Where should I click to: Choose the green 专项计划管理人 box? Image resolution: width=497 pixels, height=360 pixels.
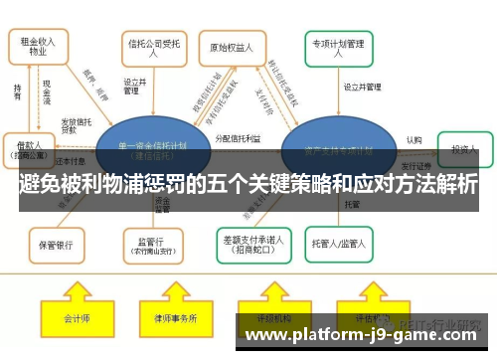coord(339,48)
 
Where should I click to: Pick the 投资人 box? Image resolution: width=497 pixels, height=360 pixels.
coord(463,148)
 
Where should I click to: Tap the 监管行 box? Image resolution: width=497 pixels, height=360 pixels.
coord(151,242)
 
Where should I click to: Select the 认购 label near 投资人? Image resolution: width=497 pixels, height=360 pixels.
coord(413,140)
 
